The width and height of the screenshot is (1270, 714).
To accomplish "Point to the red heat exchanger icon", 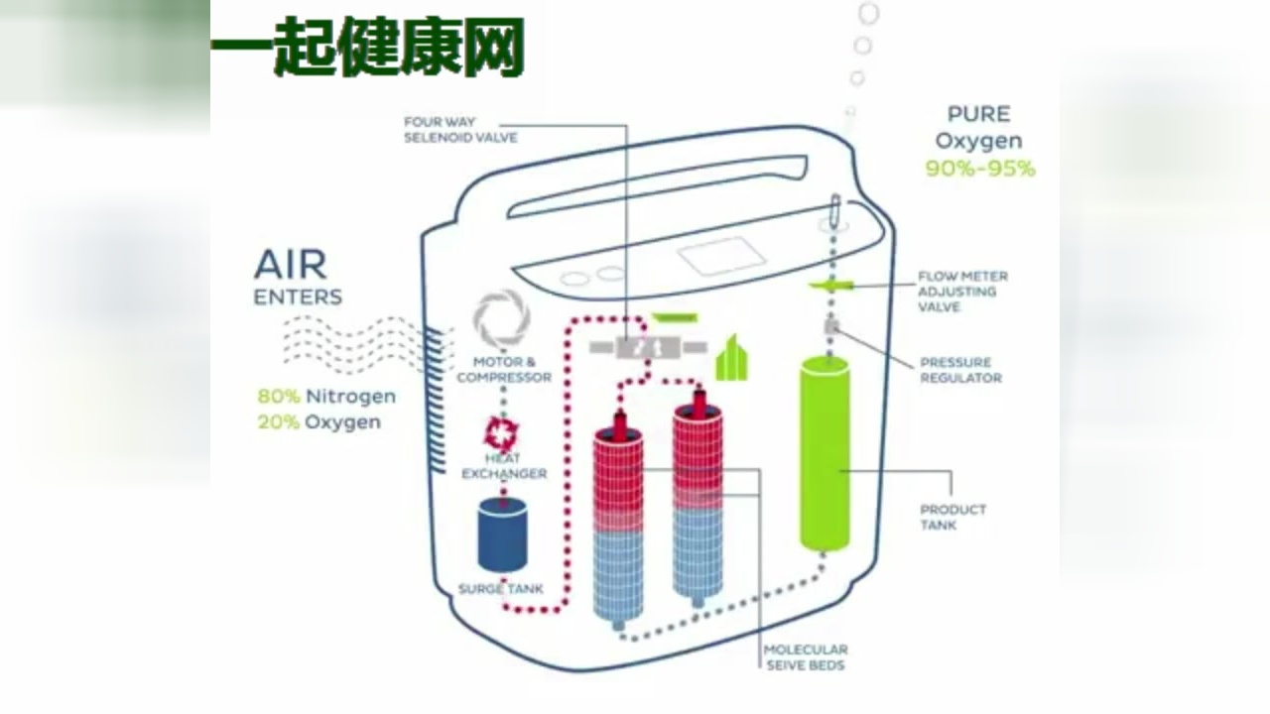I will [x=501, y=432].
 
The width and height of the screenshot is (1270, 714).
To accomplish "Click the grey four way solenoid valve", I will [x=648, y=347].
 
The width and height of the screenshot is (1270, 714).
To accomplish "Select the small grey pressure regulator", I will [x=831, y=326].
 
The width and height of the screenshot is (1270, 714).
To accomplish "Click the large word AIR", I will [x=290, y=265].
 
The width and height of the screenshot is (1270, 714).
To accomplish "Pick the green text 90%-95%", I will [x=979, y=169].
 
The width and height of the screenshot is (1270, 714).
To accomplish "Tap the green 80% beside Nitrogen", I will [x=278, y=397].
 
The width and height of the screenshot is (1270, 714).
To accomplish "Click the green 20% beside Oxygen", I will [x=278, y=422].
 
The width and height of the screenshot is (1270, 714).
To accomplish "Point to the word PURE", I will [x=978, y=114].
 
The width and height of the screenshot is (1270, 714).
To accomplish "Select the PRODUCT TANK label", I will [x=952, y=517].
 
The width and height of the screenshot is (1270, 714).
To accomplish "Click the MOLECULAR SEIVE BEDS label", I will [x=805, y=657].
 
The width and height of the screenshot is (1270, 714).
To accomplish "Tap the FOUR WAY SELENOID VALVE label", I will [x=459, y=130].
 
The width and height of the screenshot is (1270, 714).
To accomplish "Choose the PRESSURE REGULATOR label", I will [x=960, y=370].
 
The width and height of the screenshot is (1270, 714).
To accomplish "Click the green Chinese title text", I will [x=367, y=46].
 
